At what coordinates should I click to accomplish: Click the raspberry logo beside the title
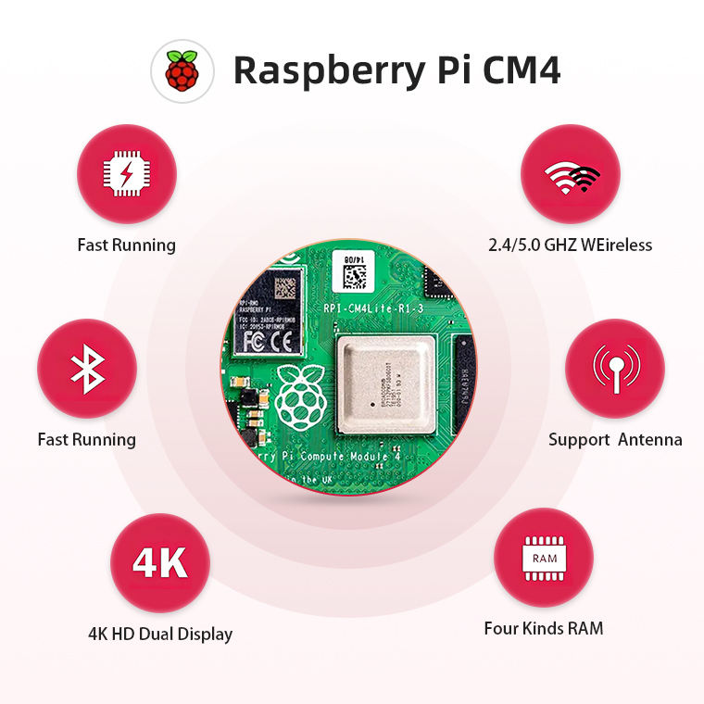(182, 70)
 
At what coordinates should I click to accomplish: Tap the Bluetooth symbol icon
(87, 368)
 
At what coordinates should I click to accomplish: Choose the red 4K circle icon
(160, 563)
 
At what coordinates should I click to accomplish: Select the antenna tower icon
(615, 368)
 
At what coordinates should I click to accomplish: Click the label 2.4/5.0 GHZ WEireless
(571, 245)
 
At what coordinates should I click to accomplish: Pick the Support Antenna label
(615, 440)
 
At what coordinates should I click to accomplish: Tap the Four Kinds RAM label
(544, 629)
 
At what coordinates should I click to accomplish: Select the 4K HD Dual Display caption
(160, 635)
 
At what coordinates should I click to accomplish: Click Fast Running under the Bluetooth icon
(87, 440)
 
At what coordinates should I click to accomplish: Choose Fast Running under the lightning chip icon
(126, 245)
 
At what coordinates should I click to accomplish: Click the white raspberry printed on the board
(298, 397)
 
